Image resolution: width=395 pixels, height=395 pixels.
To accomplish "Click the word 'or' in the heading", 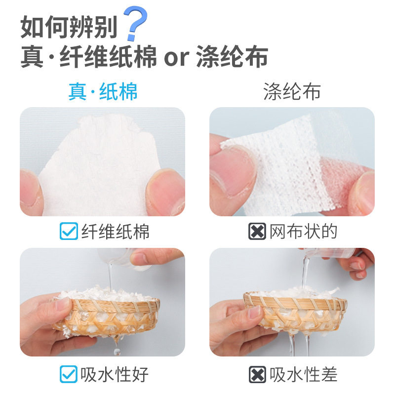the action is click(177, 58).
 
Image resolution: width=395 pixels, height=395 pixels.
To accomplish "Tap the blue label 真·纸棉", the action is click(103, 91).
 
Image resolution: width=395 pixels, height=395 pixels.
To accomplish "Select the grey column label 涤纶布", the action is click(292, 91).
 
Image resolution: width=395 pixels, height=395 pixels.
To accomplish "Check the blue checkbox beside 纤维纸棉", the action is click(69, 231).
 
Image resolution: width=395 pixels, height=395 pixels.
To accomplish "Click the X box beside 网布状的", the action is click(257, 231).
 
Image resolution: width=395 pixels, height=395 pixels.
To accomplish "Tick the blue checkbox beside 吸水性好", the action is click(69, 374).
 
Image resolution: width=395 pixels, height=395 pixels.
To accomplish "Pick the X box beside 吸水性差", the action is click(257, 374).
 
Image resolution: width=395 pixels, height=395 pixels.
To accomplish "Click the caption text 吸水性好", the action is click(115, 374).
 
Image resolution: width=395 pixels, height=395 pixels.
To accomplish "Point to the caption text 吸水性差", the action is click(304, 374).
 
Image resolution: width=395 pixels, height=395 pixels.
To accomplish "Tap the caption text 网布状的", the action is click(303, 231).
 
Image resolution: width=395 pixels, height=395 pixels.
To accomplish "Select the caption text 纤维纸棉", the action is click(116, 231).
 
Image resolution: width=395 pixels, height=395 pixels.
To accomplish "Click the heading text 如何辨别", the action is click(69, 27).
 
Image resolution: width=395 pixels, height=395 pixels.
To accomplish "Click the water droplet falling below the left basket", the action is click(117, 351).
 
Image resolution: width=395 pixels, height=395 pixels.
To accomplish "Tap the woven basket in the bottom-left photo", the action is click(106, 316).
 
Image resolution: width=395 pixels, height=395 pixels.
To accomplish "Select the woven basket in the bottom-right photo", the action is click(295, 311).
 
